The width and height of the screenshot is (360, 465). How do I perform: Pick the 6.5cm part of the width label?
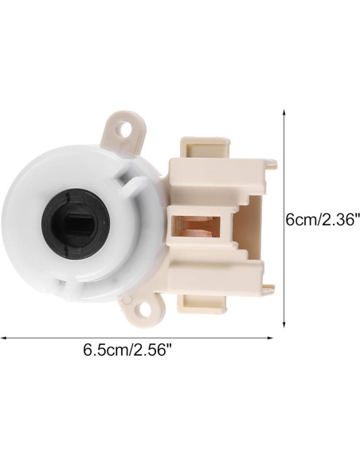tap(100, 351)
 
